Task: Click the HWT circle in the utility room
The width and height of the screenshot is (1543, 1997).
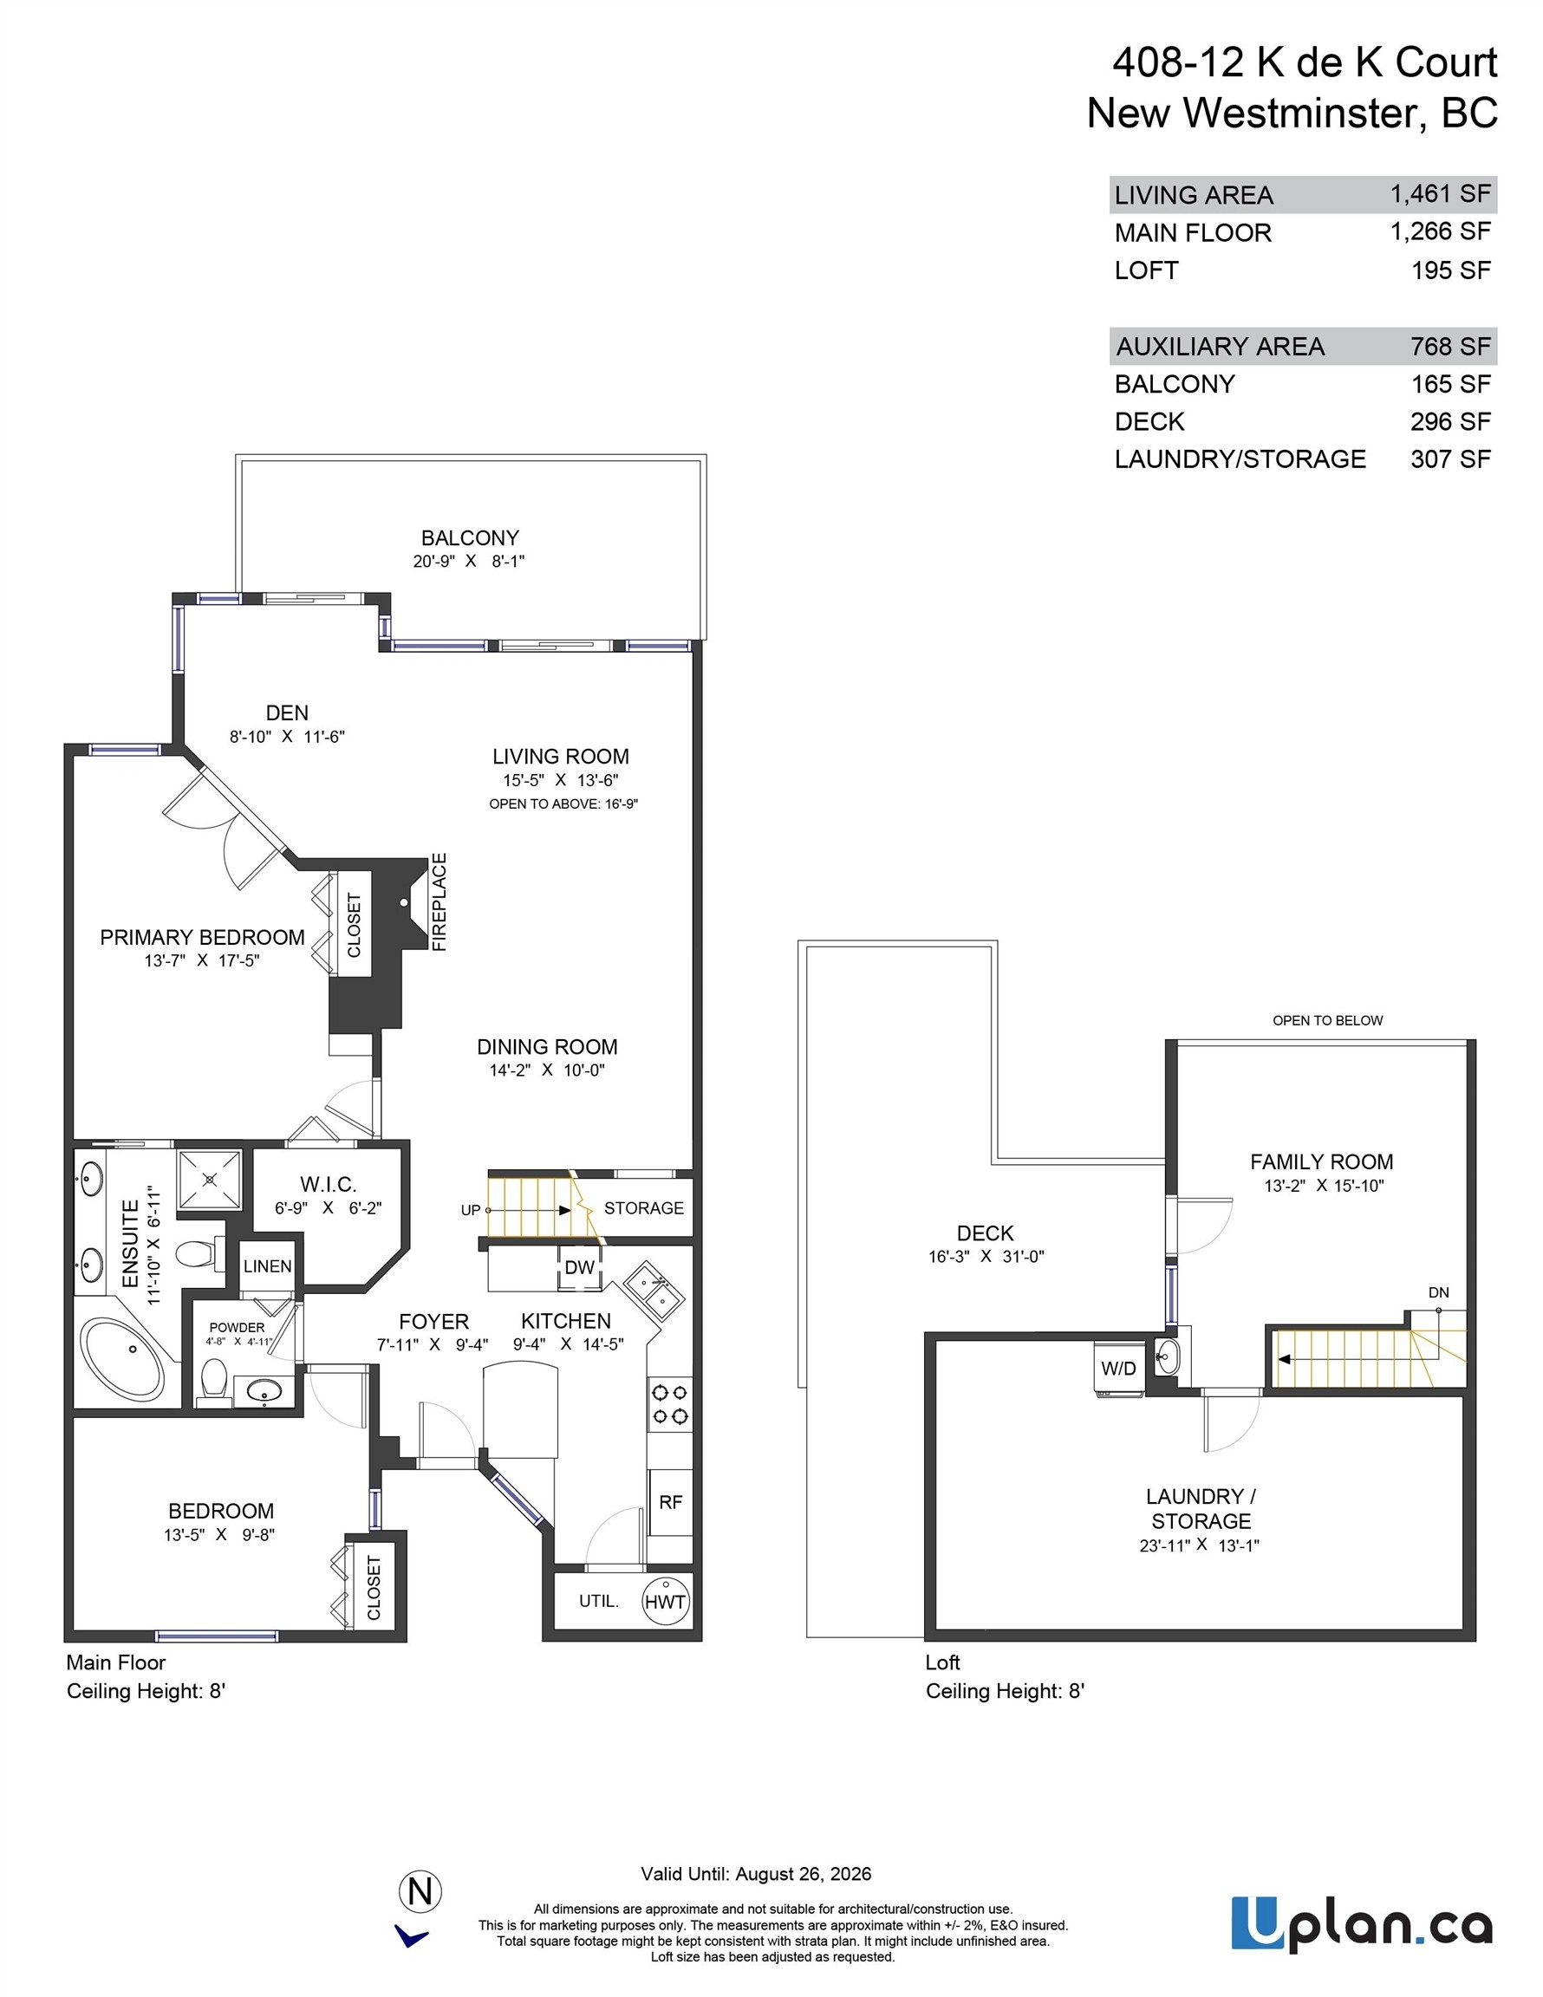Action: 665,1601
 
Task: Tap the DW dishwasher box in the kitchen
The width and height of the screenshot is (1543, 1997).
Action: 580,1267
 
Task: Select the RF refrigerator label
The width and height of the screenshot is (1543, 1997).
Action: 670,1501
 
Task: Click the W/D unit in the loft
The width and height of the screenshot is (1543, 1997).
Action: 1118,1369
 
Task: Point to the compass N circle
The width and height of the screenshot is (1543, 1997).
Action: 420,1891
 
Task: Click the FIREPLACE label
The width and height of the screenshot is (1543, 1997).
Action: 439,901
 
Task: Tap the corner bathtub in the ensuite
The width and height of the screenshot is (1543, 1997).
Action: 122,1360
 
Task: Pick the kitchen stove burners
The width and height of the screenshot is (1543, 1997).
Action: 669,1404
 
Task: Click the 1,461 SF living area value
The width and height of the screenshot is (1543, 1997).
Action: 1440,194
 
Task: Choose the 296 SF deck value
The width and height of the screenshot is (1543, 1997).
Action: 1449,421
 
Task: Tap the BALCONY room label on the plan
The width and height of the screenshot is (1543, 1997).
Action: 469,537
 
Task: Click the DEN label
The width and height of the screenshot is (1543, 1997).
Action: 287,712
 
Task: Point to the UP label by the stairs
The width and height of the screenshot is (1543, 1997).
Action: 470,1210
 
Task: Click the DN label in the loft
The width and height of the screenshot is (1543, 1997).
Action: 1439,1292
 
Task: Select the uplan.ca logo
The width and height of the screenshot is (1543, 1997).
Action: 1362,1923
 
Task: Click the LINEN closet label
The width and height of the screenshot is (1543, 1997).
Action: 268,1266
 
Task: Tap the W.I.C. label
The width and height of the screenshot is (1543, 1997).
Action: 329,1184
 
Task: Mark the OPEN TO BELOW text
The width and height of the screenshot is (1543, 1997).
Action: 1327,1020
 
